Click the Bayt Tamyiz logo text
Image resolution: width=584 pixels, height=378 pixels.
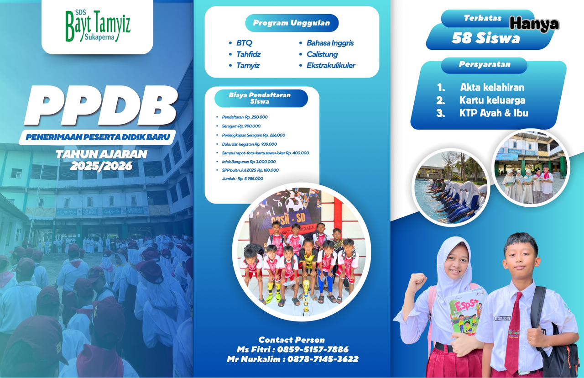tap(98, 26)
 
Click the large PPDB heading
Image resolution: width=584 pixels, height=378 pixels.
tap(100, 105)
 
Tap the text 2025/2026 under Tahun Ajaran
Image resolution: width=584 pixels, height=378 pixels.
tap(101, 166)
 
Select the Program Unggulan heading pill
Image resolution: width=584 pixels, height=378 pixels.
tap(292, 23)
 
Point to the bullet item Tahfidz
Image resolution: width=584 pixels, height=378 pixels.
tap(248, 54)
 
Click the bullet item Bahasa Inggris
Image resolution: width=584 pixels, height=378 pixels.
tap(330, 43)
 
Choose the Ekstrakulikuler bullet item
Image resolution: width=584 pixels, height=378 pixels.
tap(331, 65)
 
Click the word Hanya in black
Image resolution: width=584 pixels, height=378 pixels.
tap(534, 24)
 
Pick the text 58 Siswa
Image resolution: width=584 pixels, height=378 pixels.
tap(486, 38)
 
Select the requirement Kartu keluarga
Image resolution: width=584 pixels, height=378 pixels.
tap(492, 100)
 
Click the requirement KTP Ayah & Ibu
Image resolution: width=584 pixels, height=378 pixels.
tap(494, 113)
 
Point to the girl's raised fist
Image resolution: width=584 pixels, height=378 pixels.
tap(416, 282)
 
